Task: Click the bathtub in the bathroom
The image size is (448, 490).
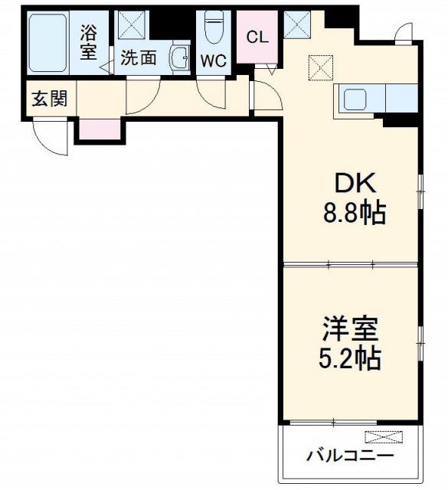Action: (48, 43)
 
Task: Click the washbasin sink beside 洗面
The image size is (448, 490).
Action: (180, 57)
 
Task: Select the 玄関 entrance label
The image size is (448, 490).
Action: (48, 99)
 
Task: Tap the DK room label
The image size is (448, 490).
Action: (352, 184)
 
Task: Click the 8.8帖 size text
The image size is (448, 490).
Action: (352, 212)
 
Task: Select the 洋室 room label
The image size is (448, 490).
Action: (350, 330)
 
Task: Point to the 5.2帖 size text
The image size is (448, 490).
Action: (350, 358)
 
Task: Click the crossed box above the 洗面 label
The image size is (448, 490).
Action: (132, 25)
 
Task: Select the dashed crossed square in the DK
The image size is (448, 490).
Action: (321, 67)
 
